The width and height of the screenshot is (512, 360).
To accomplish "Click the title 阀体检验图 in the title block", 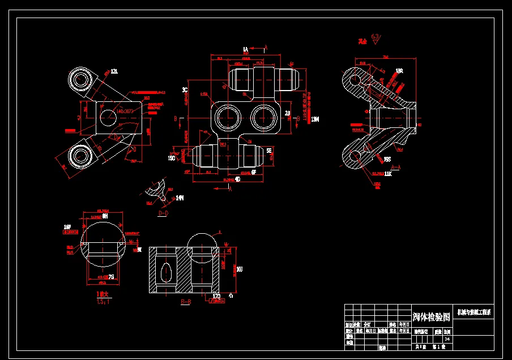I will (432, 316).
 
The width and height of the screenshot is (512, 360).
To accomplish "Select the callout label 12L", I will (114, 71).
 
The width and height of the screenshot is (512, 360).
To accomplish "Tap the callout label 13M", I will (315, 119).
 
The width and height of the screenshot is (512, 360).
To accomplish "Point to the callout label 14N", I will (180, 198).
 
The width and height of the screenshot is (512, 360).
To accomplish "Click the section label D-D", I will (163, 213).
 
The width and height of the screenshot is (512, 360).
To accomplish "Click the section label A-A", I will (396, 168).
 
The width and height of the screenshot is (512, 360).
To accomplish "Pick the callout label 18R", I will (399, 71).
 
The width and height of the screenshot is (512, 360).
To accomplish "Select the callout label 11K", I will (388, 174).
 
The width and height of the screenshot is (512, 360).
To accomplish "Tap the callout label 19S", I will (387, 160).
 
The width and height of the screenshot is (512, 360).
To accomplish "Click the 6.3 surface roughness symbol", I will (375, 37).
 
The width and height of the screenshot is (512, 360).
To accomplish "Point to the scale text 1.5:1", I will (103, 302).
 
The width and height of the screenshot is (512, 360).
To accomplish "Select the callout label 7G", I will (111, 277).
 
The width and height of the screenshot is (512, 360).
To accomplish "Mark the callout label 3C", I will (185, 90).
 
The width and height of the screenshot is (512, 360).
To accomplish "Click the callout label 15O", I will (172, 158).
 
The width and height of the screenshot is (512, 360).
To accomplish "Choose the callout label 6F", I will (253, 172).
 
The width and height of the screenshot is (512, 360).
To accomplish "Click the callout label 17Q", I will (216, 296).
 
